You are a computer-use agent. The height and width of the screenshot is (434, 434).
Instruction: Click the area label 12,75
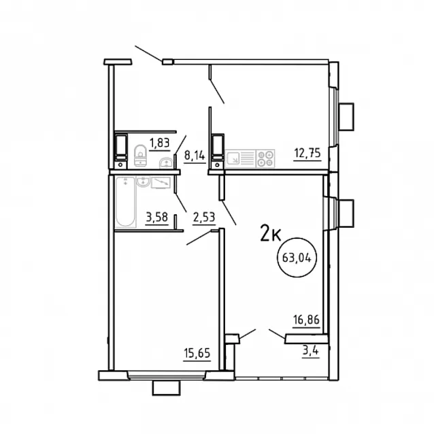click(x=307, y=152)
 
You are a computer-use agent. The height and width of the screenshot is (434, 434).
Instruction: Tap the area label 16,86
click(x=306, y=320)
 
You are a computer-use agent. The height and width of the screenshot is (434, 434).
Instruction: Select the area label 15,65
click(x=197, y=353)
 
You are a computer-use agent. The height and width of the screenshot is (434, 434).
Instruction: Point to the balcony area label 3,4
click(x=311, y=351)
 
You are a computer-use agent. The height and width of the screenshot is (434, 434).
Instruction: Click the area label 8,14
click(x=195, y=156)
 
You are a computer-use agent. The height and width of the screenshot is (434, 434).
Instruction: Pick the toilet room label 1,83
click(x=159, y=144)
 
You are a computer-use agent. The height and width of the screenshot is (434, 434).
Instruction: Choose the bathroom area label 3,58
click(x=157, y=217)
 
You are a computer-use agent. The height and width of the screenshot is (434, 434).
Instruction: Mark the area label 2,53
click(x=204, y=217)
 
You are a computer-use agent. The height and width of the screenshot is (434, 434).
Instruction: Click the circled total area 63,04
click(x=297, y=258)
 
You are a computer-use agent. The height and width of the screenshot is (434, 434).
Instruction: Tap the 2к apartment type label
click(x=271, y=233)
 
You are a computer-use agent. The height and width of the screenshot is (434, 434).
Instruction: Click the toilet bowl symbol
click(x=140, y=155)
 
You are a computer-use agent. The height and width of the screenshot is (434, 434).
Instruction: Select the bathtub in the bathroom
click(x=125, y=202)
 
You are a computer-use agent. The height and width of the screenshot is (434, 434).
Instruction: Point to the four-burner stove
click(x=266, y=158)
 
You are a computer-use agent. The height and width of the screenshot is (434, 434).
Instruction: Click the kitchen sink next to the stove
click(x=233, y=158)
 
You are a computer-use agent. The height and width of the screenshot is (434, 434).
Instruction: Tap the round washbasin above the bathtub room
click(x=143, y=182)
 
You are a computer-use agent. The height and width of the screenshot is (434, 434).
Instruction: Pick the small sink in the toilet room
click(x=166, y=163)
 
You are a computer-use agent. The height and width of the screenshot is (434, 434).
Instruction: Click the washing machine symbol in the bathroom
click(x=161, y=183)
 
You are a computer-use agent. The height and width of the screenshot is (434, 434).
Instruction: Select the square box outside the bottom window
click(x=167, y=388)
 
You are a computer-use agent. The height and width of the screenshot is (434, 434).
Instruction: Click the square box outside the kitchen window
click(x=346, y=116)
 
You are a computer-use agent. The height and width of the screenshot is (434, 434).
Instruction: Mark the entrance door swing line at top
click(x=148, y=54)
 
